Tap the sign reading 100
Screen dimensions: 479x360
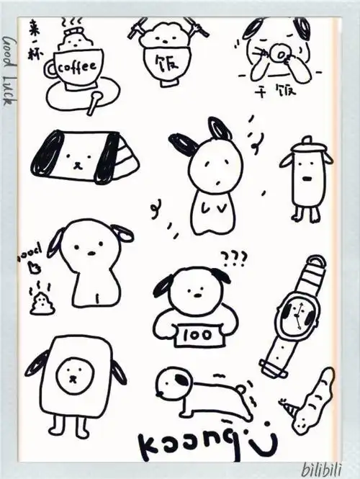191,334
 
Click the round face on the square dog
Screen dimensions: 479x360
73,372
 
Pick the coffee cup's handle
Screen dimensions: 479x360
50,70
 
